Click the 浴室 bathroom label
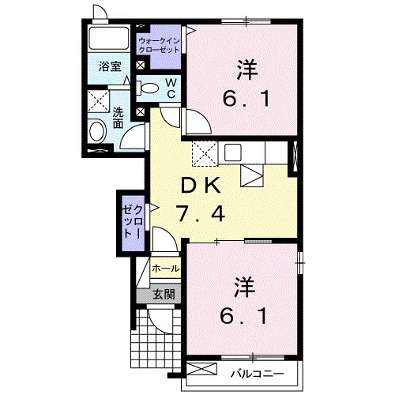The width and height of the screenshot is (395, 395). point(110,66)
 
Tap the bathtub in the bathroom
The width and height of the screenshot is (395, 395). point(108,38)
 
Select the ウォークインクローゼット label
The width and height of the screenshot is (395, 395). point(159,45)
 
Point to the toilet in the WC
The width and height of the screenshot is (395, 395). point(147,88)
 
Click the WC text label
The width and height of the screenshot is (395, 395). point(171,88)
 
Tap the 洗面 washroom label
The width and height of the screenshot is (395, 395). point(118,118)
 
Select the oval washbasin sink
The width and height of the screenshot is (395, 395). point(98,131)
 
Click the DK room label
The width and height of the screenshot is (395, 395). point(200,186)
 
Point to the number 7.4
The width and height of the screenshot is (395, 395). point(200,213)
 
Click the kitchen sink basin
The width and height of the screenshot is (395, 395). point(233,152)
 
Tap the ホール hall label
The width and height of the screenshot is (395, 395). point(165,269)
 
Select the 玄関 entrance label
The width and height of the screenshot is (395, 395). point(164,294)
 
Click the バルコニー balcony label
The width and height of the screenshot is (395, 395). point(257,373)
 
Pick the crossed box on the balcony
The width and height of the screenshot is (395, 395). point(201,369)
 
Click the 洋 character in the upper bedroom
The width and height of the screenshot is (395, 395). point(247,70)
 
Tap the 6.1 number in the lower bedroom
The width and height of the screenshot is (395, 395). point(244,316)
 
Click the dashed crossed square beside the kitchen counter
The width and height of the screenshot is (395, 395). point(205,154)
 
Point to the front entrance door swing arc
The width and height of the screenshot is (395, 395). point(160,323)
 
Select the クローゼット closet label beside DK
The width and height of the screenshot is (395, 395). point(134,222)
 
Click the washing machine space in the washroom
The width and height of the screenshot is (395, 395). point(98,101)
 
